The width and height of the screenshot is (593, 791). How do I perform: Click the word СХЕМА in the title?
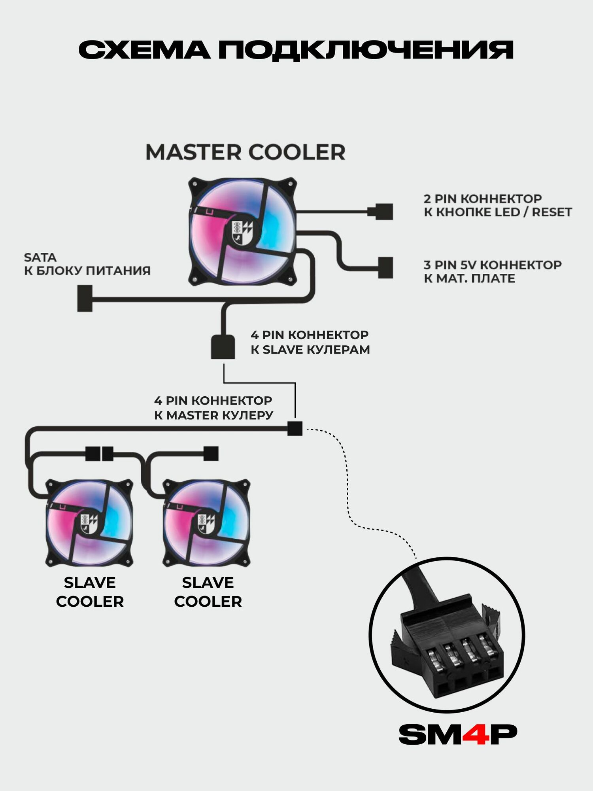(x=144, y=50)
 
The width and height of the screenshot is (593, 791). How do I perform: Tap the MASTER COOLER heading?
(x=245, y=152)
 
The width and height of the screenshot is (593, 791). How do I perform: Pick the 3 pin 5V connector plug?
(x=385, y=267)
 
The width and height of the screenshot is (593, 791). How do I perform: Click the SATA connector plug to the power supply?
(x=85, y=298)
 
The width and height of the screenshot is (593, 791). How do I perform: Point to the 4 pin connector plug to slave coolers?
(x=223, y=346)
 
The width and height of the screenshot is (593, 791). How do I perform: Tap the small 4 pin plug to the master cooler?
(x=295, y=428)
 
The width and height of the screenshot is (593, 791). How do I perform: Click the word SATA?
(x=40, y=257)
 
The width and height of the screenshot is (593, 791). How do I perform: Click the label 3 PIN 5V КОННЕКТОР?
(x=492, y=265)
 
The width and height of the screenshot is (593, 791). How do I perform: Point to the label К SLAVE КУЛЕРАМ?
(x=310, y=350)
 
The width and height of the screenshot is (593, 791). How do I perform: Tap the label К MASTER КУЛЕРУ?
(x=213, y=415)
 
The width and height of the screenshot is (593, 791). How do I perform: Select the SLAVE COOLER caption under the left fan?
(x=90, y=592)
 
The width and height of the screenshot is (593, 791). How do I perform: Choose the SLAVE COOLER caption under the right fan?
(x=208, y=592)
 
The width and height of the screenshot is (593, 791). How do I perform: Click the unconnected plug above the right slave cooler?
(x=211, y=453)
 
